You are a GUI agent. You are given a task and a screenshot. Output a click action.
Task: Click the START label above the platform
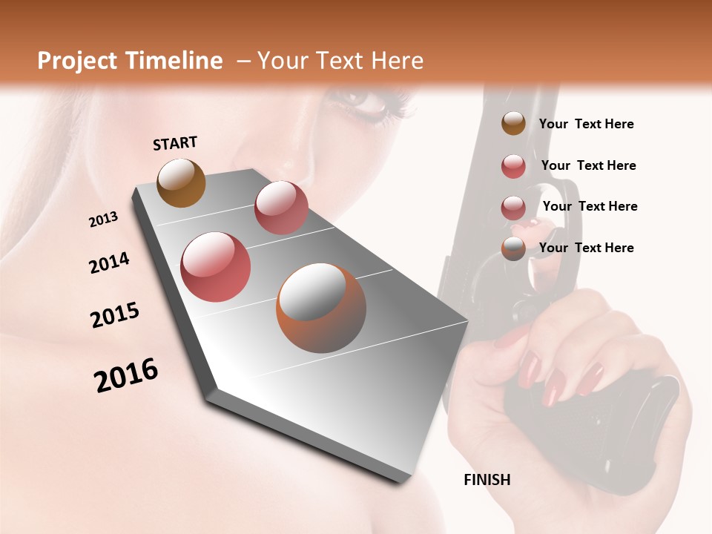pos(175,143)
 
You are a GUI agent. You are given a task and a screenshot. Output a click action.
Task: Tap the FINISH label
pos(487,480)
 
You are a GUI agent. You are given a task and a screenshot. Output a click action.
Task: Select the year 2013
pos(104,220)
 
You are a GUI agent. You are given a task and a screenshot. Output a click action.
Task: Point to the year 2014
pos(109,263)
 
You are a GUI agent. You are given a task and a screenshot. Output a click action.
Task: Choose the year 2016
pos(126,375)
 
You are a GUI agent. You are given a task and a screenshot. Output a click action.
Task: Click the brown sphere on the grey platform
pos(182,182)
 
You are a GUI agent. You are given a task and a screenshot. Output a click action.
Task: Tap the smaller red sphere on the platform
pos(281,208)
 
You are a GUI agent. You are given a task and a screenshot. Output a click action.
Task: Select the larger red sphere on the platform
pos(216,267)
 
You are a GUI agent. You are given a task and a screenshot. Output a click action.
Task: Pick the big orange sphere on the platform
pos(321,308)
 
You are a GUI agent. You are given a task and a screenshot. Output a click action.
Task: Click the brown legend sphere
pos(513,123)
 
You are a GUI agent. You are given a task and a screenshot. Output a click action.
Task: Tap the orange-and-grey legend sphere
pos(513,248)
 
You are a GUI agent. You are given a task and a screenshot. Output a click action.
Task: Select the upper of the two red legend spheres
pos(513,166)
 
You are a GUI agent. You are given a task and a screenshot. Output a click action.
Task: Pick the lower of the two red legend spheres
pos(513,208)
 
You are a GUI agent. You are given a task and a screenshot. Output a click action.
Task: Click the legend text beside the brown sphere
pos(586,124)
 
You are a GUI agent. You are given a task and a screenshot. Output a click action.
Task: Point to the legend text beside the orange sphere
pos(586,248)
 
